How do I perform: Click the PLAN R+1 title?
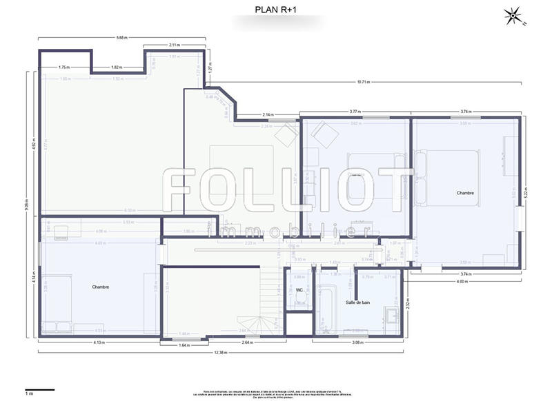coord(276,10)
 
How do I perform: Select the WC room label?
coord(299,290)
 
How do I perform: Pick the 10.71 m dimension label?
coord(364,82)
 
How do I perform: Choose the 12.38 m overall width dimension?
coord(220,352)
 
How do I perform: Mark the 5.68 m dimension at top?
coord(121,37)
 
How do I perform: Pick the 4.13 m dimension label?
coord(99,342)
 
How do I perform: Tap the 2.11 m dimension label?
coord(175,45)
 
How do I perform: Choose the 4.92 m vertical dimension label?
coord(33,145)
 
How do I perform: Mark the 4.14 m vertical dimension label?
coord(33,278)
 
